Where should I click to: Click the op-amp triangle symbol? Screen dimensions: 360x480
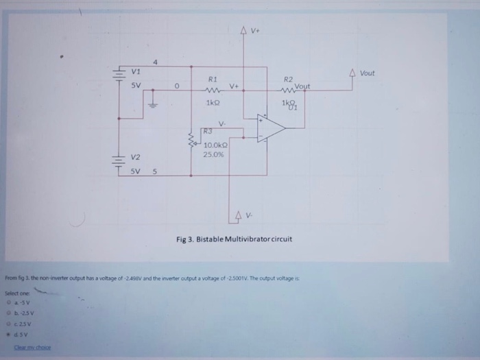(271, 128)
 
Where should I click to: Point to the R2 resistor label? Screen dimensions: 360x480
(289, 80)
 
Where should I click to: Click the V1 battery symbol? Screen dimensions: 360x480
(119, 77)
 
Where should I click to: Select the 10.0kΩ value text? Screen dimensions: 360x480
(216, 145)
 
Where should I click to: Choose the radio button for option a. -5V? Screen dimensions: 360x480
(9, 302)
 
